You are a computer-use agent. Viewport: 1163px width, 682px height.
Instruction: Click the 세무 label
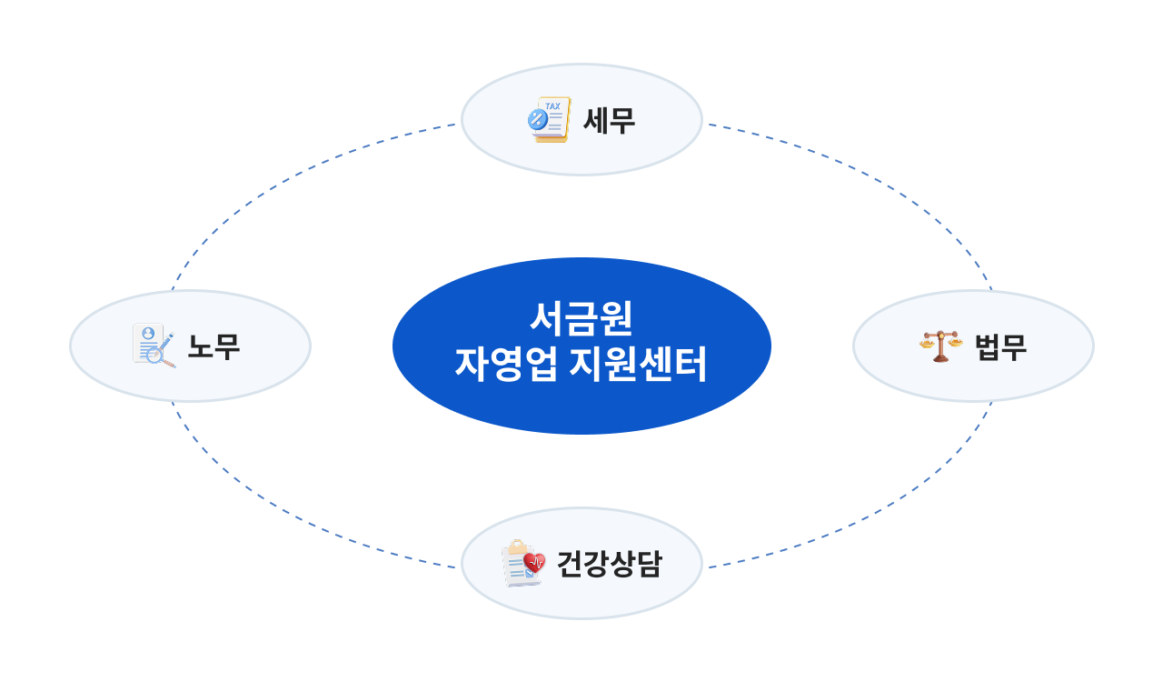coord(609,120)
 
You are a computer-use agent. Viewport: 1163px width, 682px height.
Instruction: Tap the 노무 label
coord(214,346)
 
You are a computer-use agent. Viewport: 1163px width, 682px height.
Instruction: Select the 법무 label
coord(1000,346)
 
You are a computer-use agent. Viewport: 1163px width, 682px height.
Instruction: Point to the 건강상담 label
coord(609,565)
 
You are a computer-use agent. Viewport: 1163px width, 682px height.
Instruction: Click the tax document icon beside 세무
coord(550,120)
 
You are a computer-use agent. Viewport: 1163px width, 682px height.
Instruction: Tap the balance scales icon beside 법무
coord(940,346)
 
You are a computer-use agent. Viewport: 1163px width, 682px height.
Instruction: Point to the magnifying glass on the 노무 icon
coord(162,356)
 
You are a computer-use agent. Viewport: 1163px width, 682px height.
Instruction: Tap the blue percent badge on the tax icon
coord(537,118)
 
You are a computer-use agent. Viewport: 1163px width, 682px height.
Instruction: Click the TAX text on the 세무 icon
coord(552,105)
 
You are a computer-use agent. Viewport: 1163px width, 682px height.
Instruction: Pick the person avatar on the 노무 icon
coord(148,334)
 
